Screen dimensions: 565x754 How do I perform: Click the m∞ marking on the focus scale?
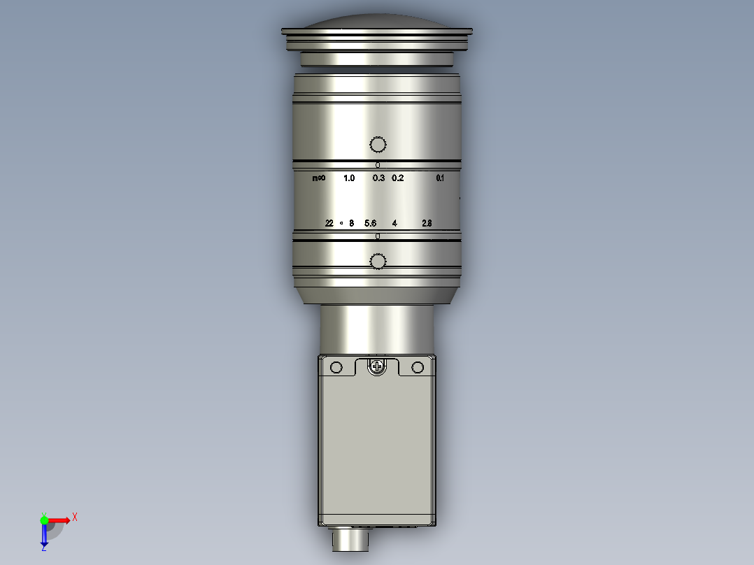[x=318, y=178]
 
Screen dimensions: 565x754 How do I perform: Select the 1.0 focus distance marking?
[x=349, y=178]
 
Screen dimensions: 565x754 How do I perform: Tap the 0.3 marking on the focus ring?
[x=378, y=178]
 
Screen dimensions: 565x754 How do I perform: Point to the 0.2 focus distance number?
[x=397, y=178]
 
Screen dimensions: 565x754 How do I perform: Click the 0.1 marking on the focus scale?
[x=440, y=178]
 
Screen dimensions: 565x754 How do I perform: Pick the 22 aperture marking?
[x=329, y=223]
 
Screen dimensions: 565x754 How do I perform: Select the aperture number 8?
[x=351, y=223]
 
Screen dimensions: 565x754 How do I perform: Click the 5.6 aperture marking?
[x=371, y=223]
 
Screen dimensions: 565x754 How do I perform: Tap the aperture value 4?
[x=394, y=223]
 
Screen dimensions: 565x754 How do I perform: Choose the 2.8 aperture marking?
[x=427, y=223]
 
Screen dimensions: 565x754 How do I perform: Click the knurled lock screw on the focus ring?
[x=378, y=145]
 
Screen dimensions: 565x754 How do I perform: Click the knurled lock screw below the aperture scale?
[x=378, y=262]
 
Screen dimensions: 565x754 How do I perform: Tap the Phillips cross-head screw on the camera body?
[x=378, y=366]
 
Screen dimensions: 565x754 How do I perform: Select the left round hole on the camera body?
[x=336, y=367]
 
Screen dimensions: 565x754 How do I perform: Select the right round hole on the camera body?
[x=418, y=367]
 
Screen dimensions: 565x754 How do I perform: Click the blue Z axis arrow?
[x=44, y=537]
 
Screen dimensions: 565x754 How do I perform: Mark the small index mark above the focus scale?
[x=378, y=165]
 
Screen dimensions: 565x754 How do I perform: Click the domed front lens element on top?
[x=377, y=21]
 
